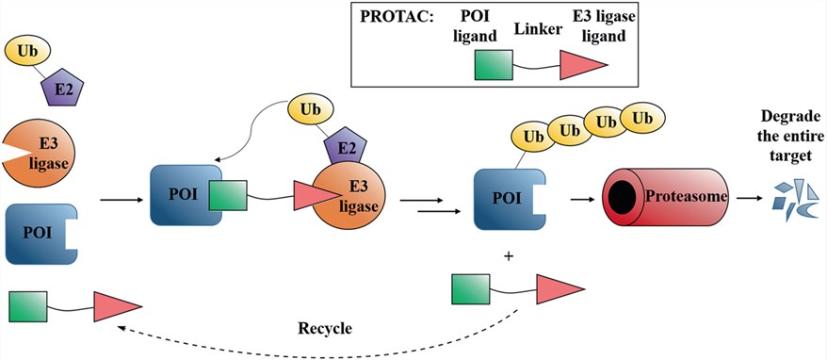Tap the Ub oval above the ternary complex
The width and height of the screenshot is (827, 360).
[x=313, y=110]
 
